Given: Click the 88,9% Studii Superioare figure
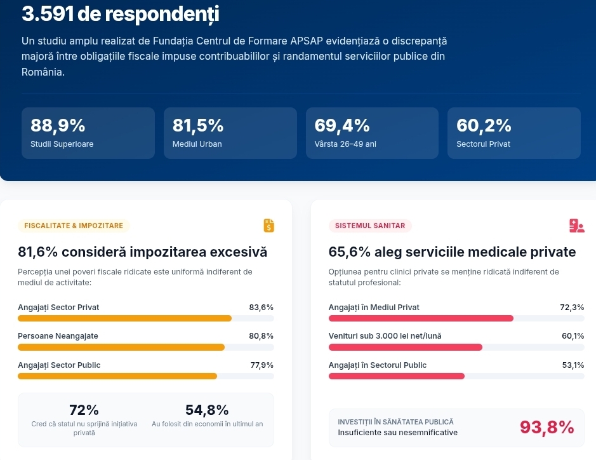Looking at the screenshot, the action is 58,126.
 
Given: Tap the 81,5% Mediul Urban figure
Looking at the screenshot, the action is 197,126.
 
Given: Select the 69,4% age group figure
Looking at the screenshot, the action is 341,126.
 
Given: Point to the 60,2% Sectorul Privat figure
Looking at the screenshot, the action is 484,126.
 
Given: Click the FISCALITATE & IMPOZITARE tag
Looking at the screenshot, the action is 74,226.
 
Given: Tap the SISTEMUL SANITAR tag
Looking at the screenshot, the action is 370,226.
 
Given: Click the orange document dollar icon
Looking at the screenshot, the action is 268,226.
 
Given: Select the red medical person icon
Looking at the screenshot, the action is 576,226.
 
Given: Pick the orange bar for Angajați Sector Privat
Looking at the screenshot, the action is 124,318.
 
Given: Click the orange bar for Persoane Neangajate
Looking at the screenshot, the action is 121,348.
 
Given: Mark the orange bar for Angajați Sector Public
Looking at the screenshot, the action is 117,376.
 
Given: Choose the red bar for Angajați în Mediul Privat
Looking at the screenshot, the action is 421,318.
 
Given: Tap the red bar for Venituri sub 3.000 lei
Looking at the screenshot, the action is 406,348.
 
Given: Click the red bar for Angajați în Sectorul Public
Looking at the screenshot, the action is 397,376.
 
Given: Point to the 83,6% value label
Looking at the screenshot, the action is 261,308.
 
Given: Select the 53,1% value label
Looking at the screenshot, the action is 573,365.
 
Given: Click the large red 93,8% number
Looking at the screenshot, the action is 547,427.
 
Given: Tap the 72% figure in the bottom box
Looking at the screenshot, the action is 84,410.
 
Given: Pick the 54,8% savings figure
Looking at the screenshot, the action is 207,410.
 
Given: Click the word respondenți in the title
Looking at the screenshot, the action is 162,14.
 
